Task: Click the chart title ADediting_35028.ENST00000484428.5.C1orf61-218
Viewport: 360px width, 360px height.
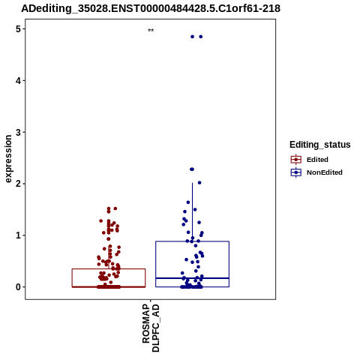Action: coord(151,8)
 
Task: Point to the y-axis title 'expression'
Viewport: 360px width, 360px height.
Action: coord(8,159)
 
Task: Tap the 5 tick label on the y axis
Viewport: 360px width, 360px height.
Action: coord(18,29)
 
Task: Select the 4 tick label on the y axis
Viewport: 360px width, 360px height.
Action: coord(18,80)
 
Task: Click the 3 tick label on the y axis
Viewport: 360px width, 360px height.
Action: coord(18,132)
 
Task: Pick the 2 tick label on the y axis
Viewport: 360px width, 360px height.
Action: coord(18,184)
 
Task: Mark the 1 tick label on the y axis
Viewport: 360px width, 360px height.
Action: coord(18,235)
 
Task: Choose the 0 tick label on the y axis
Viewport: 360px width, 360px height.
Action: coord(18,287)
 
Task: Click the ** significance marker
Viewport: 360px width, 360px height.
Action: coord(151,31)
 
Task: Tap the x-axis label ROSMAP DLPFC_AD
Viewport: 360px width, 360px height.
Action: coord(151,328)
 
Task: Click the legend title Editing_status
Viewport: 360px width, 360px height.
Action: coord(320,145)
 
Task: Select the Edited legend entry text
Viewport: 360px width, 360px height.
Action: coord(317,160)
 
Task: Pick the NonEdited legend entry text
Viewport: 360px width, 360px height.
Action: coord(325,172)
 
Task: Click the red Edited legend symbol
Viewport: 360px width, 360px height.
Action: coord(296,160)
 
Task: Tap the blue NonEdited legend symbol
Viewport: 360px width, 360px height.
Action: coord(296,172)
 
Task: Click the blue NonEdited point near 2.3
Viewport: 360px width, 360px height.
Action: coord(192,169)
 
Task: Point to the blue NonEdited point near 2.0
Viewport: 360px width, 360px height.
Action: coord(199,183)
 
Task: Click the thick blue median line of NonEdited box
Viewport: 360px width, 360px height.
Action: coord(192,278)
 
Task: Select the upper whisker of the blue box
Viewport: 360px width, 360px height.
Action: coord(192,212)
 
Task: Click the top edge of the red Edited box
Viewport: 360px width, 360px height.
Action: coord(109,269)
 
